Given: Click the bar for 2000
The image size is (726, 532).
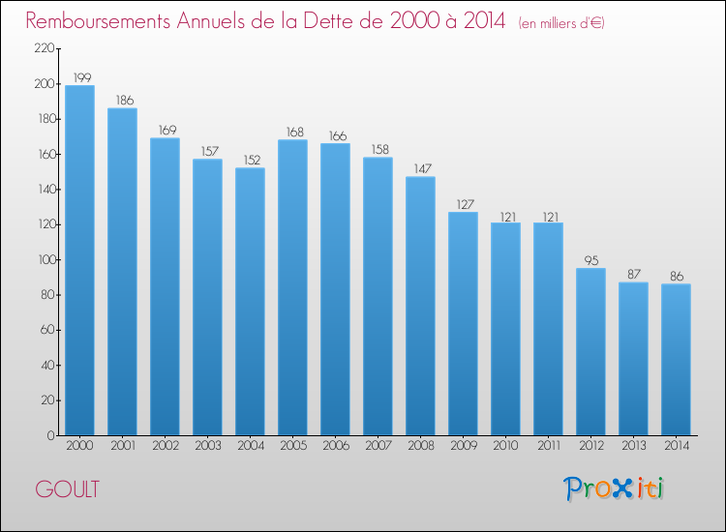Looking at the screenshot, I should pyautogui.click(x=79, y=260).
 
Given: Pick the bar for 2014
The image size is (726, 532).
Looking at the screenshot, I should pyautogui.click(x=676, y=359).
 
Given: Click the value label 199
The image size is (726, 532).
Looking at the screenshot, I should pyautogui.click(x=79, y=77).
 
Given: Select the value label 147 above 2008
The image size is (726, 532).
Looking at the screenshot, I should pyautogui.click(x=420, y=168).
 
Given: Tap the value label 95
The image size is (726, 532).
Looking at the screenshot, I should pyautogui.click(x=590, y=260).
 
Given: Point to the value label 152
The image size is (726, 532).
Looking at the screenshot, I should pyautogui.click(x=250, y=160).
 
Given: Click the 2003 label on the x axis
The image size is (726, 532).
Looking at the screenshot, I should pyautogui.click(x=207, y=446).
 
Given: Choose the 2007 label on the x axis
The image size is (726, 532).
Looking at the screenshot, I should pyautogui.click(x=378, y=446).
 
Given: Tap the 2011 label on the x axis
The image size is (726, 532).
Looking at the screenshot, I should pyautogui.click(x=548, y=446).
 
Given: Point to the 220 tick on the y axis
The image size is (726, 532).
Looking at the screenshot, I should pyautogui.click(x=43, y=49).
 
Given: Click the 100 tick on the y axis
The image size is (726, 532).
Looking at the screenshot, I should pyautogui.click(x=43, y=260).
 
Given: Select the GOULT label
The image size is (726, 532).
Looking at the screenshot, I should pyautogui.click(x=67, y=489).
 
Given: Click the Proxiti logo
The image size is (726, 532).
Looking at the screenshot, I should pyautogui.click(x=614, y=488).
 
